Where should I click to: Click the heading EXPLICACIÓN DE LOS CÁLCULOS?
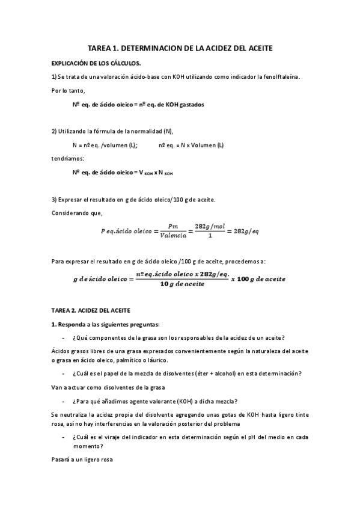click(x=97, y=63)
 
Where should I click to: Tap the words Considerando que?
click(x=78, y=212)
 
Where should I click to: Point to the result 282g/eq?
click(x=246, y=232)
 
